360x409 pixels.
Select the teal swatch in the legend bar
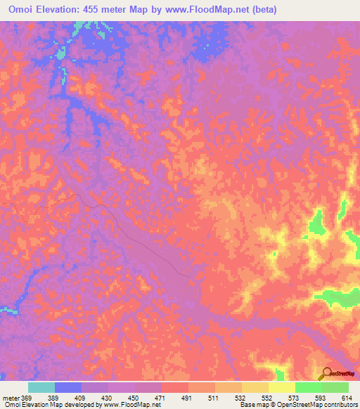click(41, 387)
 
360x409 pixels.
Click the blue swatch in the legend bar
click(68, 387)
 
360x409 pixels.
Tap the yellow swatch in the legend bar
click(281, 387)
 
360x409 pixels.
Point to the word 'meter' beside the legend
click(10, 398)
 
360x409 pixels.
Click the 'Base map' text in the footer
click(252, 405)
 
